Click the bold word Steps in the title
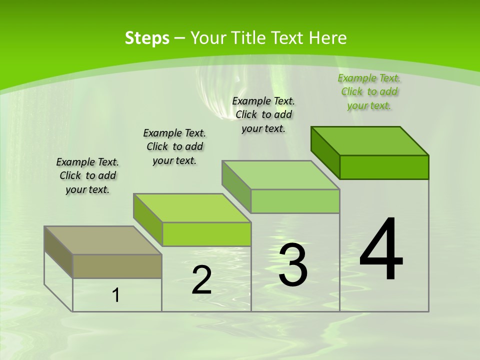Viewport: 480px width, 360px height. (x=147, y=38)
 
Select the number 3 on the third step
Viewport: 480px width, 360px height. (x=293, y=265)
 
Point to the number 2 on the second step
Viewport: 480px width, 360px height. (x=202, y=280)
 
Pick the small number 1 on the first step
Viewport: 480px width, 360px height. (x=116, y=295)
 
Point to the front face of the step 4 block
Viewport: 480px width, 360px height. (x=384, y=167)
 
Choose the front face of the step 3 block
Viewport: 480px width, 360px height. (x=295, y=201)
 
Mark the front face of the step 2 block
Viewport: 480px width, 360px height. (x=206, y=234)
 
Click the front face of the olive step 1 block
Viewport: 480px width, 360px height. (x=117, y=266)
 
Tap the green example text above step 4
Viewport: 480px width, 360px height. (x=369, y=91)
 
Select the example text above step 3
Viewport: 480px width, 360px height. (x=263, y=114)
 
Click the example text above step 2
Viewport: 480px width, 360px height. (x=174, y=146)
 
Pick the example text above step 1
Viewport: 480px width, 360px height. (x=87, y=175)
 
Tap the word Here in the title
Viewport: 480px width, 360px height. (x=328, y=38)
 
